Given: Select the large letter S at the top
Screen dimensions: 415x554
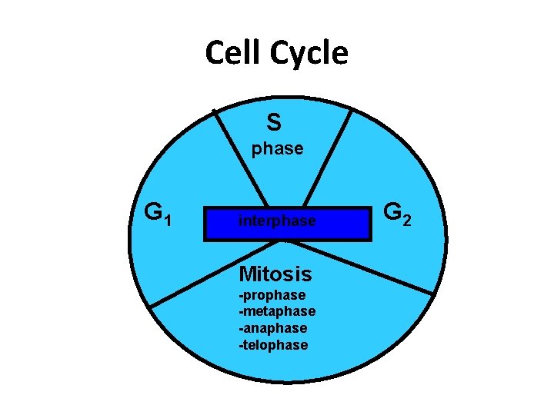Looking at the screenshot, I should click(274, 121).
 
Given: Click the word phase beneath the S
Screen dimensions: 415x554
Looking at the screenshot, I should click(277, 149).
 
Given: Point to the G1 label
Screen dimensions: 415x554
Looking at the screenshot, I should click(162, 212).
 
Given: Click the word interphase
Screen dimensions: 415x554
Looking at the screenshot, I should click(277, 221).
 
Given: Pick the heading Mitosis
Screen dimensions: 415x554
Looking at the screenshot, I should click(275, 274).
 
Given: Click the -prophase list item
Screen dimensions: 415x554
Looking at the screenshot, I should click(272, 295).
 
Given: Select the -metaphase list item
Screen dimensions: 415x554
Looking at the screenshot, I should click(277, 311).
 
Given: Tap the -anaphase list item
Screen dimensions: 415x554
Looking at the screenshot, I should click(273, 328).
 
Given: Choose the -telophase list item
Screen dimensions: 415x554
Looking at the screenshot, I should click(273, 345).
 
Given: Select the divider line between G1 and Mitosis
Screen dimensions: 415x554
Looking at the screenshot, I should click(208, 277).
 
